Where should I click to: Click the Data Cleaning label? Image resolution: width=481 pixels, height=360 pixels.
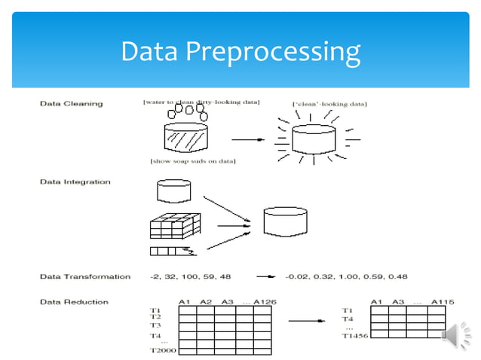pyautogui.click(x=71, y=103)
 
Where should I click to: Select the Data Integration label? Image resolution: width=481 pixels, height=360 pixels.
pyautogui.click(x=75, y=182)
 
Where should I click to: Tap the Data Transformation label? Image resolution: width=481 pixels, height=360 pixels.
pyautogui.click(x=84, y=276)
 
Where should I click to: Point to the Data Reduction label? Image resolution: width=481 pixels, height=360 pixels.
pyautogui.click(x=74, y=302)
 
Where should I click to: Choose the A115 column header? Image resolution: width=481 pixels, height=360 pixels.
pyautogui.click(x=441, y=302)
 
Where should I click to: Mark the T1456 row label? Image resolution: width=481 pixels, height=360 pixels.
pyautogui.click(x=354, y=336)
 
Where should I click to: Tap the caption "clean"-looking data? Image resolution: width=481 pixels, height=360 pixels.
pyautogui.click(x=329, y=104)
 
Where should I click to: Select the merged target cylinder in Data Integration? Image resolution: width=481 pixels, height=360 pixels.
pyautogui.click(x=285, y=221)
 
